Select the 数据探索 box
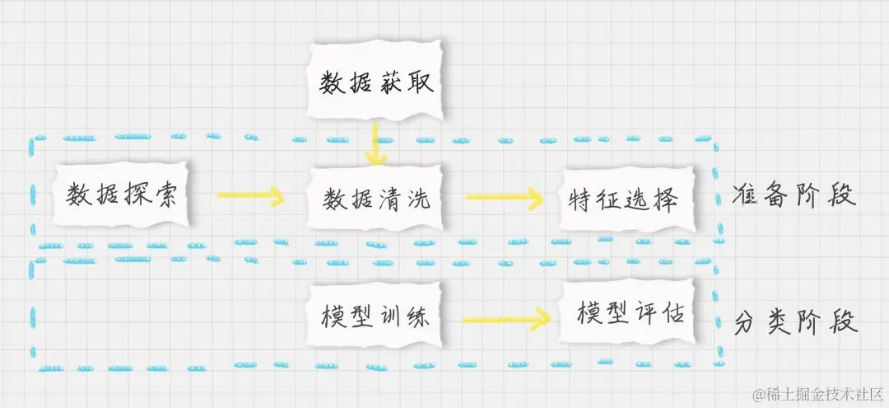coord(121,195)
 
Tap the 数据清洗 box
coord(375,199)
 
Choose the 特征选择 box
coord(623,199)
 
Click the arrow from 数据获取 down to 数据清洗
coord(375,144)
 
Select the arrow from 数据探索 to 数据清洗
coord(250,196)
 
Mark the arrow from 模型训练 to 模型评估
coord(504,318)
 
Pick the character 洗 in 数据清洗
coord(418,199)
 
